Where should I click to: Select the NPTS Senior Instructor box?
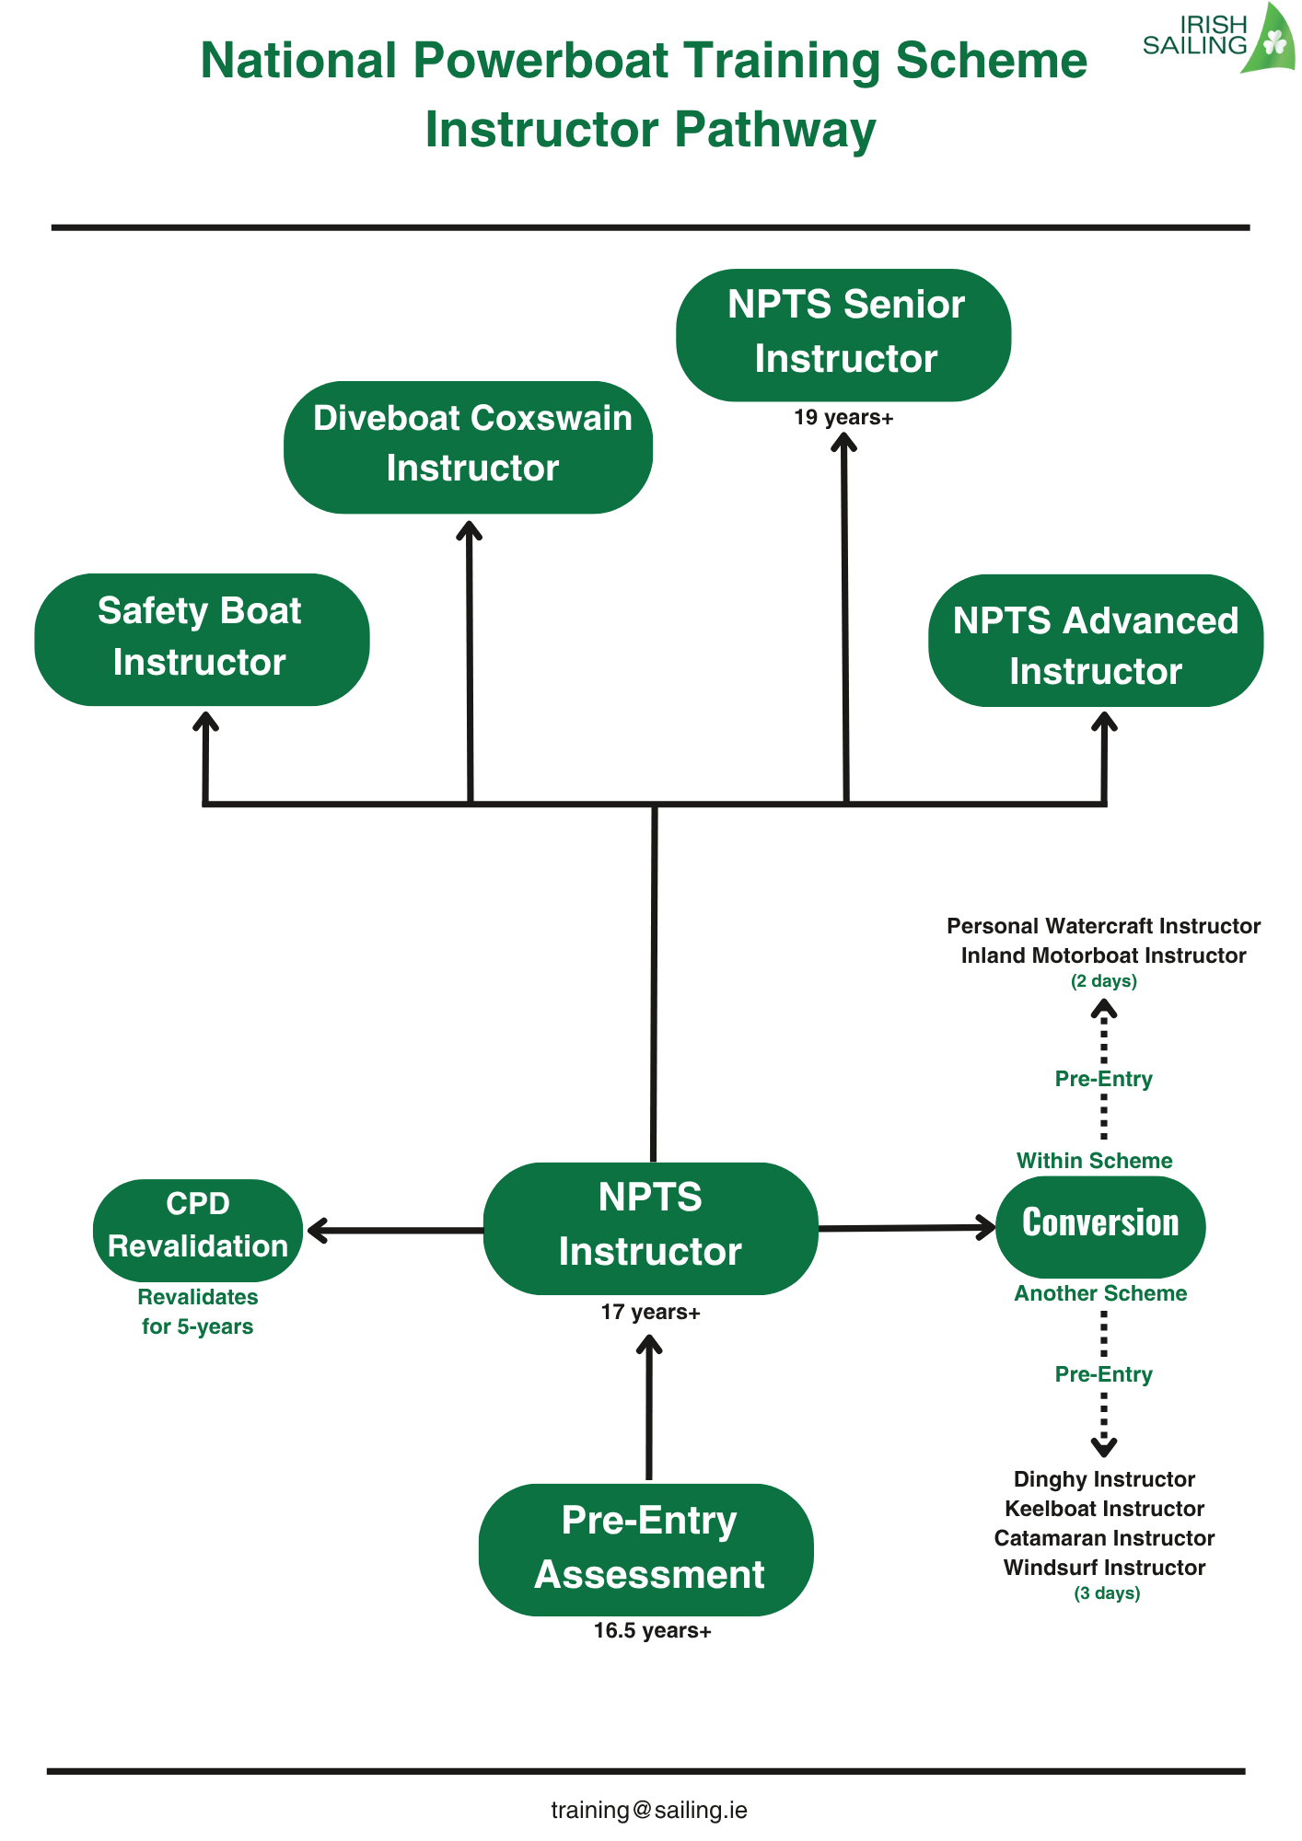point(843,334)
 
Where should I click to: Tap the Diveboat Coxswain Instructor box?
point(469,446)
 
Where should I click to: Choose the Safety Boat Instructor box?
point(202,639)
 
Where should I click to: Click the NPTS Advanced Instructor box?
point(1096,641)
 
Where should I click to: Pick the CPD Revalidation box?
point(198,1230)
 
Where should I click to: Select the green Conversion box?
point(1100,1226)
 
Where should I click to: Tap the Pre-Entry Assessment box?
point(646,1549)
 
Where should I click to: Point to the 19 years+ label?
point(843,418)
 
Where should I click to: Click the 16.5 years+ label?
point(652,1631)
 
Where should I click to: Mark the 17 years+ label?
point(650,1313)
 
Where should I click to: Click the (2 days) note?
point(1103,981)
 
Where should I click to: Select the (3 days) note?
point(1107,1593)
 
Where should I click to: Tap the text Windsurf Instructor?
point(1104,1568)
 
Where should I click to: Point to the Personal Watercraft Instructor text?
point(1103,926)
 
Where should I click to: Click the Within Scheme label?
point(1094,1161)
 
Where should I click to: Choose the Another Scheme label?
point(1100,1293)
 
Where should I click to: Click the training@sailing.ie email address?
point(649,1811)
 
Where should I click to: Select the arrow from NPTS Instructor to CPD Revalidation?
point(396,1231)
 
